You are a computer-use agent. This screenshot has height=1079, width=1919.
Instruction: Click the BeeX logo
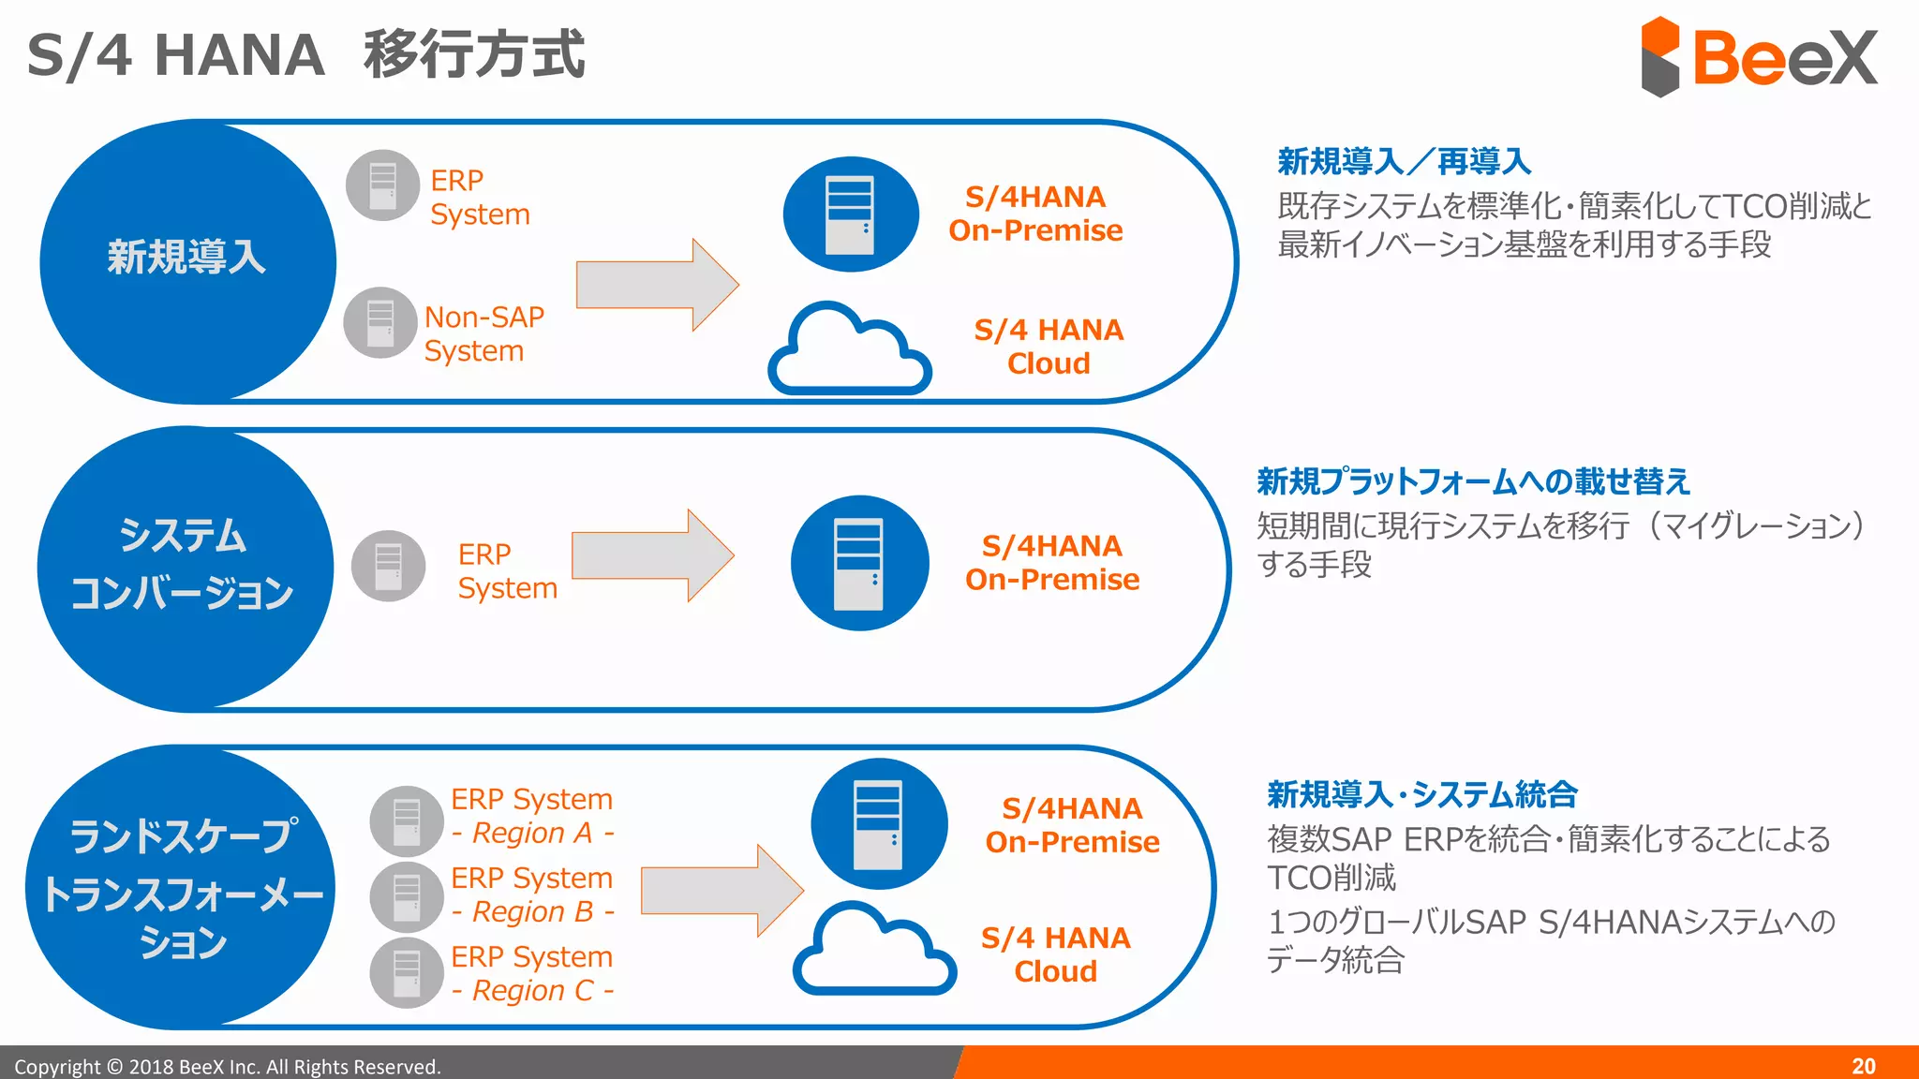pos(1759,56)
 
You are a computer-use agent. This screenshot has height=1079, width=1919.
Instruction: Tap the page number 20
pos(1863,1066)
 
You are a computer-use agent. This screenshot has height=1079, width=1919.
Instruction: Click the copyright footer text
pos(227,1067)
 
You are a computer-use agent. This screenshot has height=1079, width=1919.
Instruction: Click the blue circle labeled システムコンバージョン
pos(185,566)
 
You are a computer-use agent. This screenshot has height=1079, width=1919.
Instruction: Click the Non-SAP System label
pos(483,333)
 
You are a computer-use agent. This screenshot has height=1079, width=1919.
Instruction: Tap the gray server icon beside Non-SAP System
pos(380,323)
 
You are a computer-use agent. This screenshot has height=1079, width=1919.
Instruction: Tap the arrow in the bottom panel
pos(721,890)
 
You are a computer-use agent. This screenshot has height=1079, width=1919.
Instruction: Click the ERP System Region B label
pos(531,894)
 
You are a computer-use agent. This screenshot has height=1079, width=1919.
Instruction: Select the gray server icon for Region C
pos(407,973)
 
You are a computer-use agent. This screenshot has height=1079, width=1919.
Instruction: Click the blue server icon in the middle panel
pos(859,563)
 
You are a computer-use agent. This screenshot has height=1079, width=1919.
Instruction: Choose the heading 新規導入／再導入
pos(1404,162)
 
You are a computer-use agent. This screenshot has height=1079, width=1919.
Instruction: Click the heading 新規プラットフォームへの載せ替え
pos(1473,481)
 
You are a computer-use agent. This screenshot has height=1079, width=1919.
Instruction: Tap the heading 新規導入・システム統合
pos(1421,794)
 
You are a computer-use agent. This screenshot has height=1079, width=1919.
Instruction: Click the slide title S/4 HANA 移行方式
pos(305,54)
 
